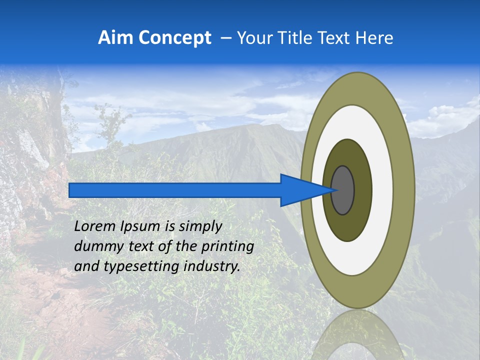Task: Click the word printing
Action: (227, 247)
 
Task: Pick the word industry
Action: (212, 267)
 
